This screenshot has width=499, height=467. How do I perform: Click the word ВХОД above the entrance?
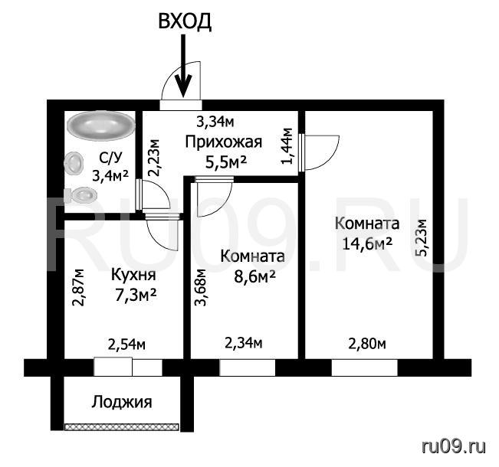(x=185, y=21)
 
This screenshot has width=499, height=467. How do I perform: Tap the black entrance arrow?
(x=184, y=66)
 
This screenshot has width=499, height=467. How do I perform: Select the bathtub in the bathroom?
(x=101, y=125)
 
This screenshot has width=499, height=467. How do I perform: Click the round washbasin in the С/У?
(x=74, y=163)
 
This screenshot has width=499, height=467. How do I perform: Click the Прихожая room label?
(x=224, y=142)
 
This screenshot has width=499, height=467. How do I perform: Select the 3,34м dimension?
(x=215, y=122)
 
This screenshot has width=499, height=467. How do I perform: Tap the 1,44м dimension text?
(x=287, y=146)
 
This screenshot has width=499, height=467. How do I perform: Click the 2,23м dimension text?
(x=155, y=158)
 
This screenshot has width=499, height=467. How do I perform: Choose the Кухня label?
(x=133, y=276)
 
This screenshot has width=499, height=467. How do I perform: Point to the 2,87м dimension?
(x=78, y=287)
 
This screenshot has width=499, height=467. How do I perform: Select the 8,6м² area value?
(x=254, y=277)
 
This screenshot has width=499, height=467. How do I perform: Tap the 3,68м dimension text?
(x=201, y=287)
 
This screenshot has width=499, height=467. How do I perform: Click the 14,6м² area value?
(x=367, y=243)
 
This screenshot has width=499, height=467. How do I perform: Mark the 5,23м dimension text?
(x=422, y=237)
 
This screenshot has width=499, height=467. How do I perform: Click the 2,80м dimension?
(x=367, y=344)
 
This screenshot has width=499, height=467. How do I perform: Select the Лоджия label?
(x=122, y=402)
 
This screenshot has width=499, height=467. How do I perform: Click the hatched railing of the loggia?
(x=122, y=427)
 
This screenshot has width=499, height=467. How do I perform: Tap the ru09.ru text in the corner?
(x=454, y=447)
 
